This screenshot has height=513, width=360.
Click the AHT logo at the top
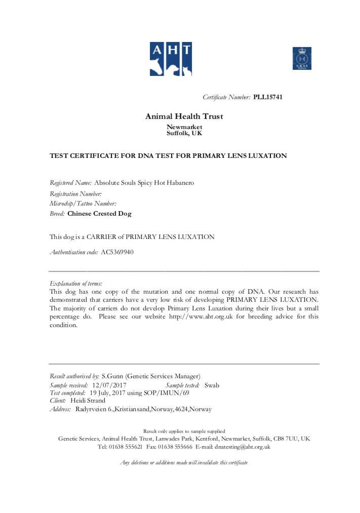coord(170,59)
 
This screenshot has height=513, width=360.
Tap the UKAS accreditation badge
coord(302,58)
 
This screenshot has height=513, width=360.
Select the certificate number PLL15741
coord(268,97)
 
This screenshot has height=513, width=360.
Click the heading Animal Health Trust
coord(184,116)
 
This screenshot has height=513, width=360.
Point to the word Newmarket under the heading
coord(184,127)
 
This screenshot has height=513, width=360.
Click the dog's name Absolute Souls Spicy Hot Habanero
coord(144,183)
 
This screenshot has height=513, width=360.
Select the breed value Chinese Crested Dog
coord(99,214)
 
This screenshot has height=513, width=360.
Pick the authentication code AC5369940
coord(117,252)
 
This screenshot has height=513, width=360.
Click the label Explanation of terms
coord(75,284)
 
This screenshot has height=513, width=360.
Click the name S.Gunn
coord(112,376)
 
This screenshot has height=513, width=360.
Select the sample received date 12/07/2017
coord(109,385)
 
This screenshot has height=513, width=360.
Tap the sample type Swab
coord(212,385)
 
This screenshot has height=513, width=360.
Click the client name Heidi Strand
coord(88,401)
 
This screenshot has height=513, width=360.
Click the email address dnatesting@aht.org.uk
coord(242,447)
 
